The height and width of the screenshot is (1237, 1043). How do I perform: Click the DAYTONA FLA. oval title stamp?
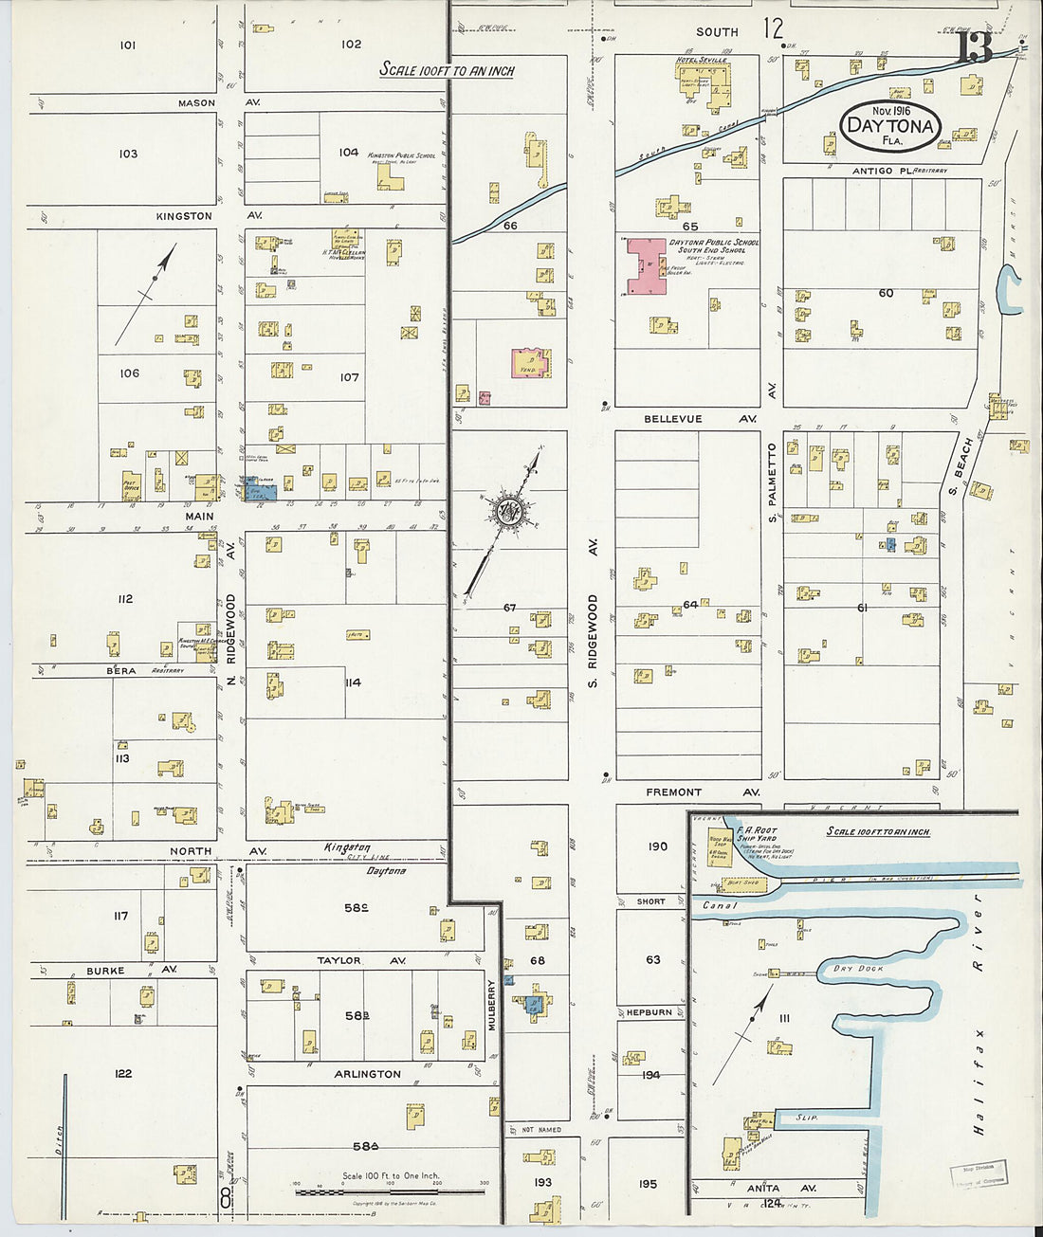(x=890, y=124)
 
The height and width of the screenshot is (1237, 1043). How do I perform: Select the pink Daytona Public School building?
(x=645, y=266)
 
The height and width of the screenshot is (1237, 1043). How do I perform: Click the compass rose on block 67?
(x=506, y=512)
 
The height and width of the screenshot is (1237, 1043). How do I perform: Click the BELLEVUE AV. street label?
(x=700, y=418)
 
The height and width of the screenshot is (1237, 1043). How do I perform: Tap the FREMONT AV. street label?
(x=702, y=791)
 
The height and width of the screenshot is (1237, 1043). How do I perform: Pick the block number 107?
(x=350, y=377)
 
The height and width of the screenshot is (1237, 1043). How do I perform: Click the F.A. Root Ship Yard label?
(x=757, y=835)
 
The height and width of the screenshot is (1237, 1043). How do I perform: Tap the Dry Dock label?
(x=857, y=969)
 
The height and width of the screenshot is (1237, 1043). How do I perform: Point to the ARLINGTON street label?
(x=367, y=1074)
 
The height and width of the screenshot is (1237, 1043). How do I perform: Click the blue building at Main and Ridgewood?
(x=257, y=490)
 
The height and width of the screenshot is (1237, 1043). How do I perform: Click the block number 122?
(x=123, y=1074)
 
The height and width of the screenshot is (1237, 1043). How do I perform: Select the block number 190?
(x=657, y=846)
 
